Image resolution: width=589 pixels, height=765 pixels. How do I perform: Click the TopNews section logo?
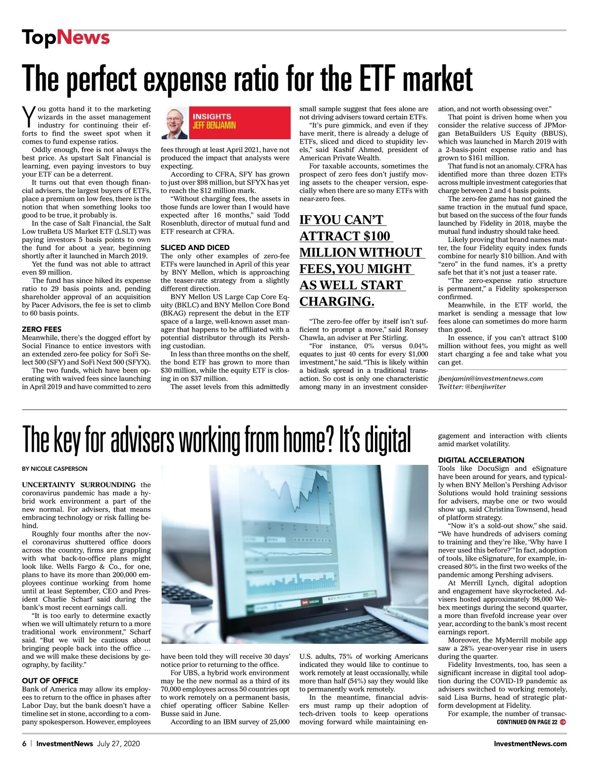[x=66, y=38]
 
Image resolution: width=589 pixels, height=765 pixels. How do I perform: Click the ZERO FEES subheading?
[x=42, y=329]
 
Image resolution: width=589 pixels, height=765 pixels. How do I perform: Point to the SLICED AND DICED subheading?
[x=195, y=248]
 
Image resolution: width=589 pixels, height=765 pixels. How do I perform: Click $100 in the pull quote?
[x=376, y=236]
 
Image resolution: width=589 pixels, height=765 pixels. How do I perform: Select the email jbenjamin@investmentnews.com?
[x=490, y=378]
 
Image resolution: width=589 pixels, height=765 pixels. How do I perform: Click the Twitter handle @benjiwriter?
[x=485, y=386]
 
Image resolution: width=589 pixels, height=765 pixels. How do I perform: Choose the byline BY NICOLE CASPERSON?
[x=54, y=469]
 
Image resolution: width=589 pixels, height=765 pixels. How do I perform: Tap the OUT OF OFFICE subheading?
[x=50, y=681]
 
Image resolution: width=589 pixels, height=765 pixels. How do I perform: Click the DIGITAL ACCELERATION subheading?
[x=481, y=460]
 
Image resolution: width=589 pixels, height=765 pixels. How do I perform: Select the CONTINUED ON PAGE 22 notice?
[x=527, y=722]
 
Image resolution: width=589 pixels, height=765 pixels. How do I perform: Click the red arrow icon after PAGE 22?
[x=562, y=722]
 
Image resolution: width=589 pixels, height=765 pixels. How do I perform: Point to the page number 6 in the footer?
[x=24, y=743]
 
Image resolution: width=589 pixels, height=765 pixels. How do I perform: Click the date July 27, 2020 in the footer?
[x=118, y=743]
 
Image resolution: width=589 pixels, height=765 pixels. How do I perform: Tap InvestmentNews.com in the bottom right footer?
[x=530, y=743]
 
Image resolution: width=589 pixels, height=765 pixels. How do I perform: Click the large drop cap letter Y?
[x=29, y=116]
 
